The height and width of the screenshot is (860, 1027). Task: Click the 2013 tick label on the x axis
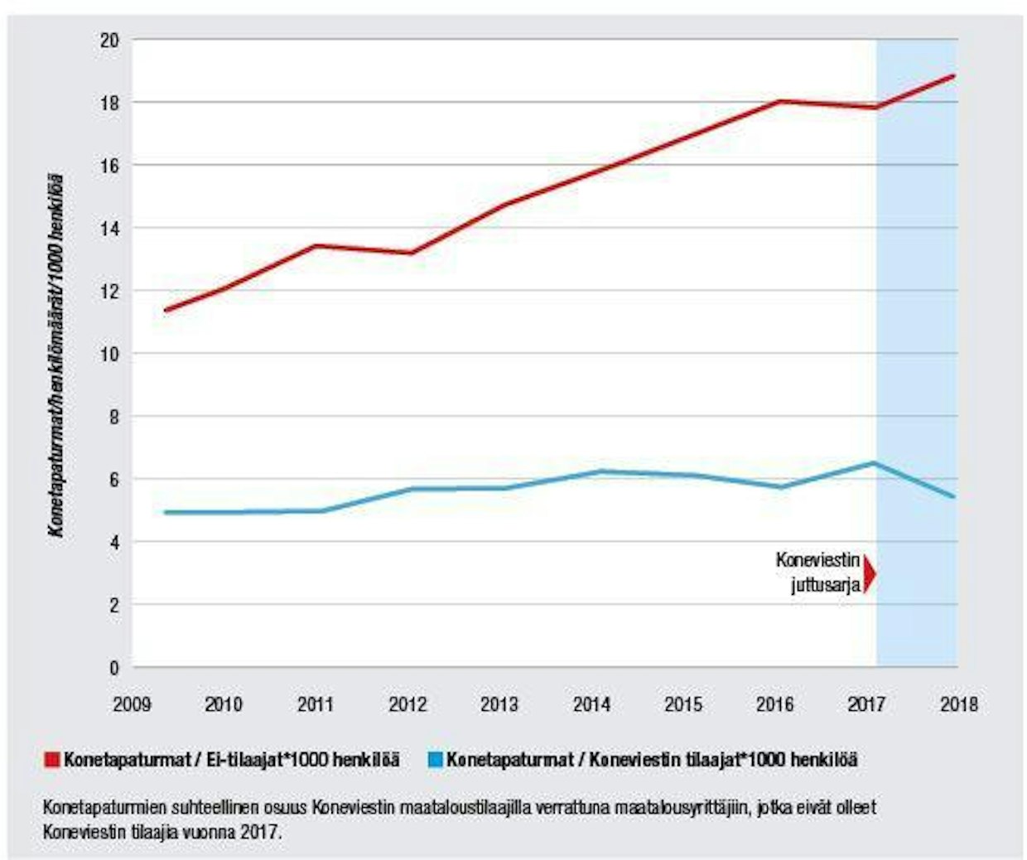coord(499,704)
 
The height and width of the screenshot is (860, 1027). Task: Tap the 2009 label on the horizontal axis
coord(132,704)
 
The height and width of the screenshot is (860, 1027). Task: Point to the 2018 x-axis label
coord(958,704)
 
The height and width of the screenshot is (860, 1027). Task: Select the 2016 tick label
coord(774,704)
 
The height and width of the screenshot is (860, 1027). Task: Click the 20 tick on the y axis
coord(109,40)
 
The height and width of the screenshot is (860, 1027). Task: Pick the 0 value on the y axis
coord(114,668)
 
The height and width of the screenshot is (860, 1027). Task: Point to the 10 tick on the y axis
coord(109,354)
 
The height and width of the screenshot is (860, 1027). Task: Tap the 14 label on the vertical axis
coord(109,228)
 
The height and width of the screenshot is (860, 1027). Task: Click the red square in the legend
coord(52,759)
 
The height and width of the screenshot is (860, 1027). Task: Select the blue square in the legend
coord(436,759)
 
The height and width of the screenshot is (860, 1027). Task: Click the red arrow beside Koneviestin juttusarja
coord(869,573)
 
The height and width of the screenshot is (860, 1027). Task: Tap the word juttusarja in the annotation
coord(825,586)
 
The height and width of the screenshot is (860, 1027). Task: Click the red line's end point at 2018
coord(954,76)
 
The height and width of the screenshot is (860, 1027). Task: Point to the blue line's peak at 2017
coord(873,463)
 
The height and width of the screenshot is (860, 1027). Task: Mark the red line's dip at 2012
coord(412,253)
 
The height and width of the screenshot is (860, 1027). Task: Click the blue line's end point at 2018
coord(954,497)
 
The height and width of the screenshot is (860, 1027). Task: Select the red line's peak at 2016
coord(779,101)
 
